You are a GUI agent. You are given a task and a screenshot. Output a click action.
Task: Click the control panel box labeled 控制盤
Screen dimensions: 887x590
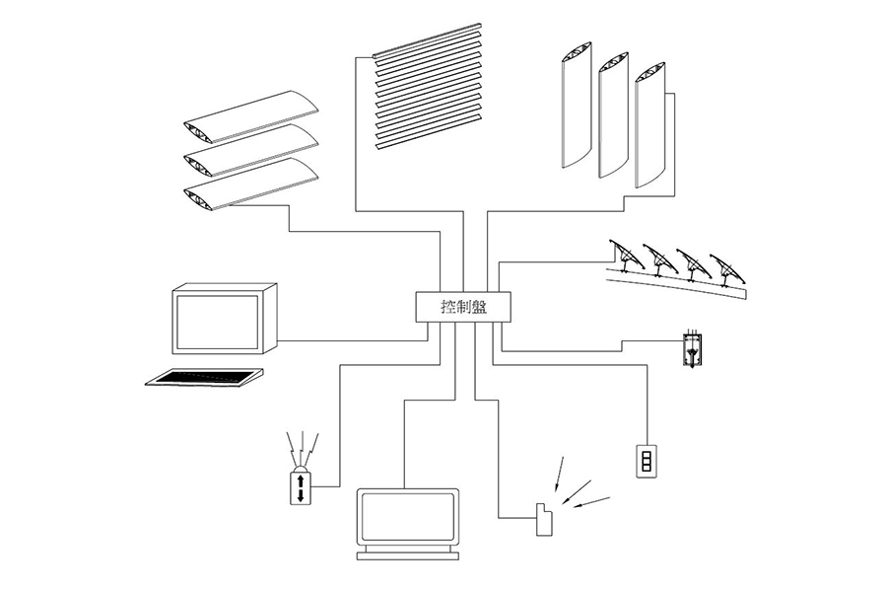click(x=463, y=307)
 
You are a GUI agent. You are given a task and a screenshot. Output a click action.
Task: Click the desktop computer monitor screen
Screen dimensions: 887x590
click(x=219, y=323)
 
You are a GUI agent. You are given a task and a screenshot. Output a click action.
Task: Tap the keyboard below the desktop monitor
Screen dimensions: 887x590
click(x=205, y=377)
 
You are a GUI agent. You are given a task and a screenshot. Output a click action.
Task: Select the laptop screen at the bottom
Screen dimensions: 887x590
click(x=407, y=516)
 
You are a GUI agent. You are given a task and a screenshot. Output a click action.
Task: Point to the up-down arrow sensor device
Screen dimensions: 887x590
click(x=301, y=486)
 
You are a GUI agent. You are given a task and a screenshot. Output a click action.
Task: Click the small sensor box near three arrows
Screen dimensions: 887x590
click(x=544, y=519)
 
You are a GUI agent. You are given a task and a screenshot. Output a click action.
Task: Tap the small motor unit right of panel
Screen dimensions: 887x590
click(x=692, y=350)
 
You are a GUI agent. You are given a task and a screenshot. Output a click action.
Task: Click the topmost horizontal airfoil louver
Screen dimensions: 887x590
click(x=252, y=116)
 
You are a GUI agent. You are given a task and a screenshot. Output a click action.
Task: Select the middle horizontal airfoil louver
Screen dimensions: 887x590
click(x=252, y=150)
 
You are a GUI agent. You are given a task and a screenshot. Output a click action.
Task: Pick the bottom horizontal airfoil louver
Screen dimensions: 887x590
click(x=252, y=184)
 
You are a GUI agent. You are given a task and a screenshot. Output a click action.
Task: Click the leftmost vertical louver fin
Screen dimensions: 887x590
click(x=576, y=105)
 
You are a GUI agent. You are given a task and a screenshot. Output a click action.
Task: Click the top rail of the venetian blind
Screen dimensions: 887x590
click(x=427, y=40)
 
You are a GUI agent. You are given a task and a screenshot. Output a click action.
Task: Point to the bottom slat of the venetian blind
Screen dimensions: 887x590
click(x=429, y=132)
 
